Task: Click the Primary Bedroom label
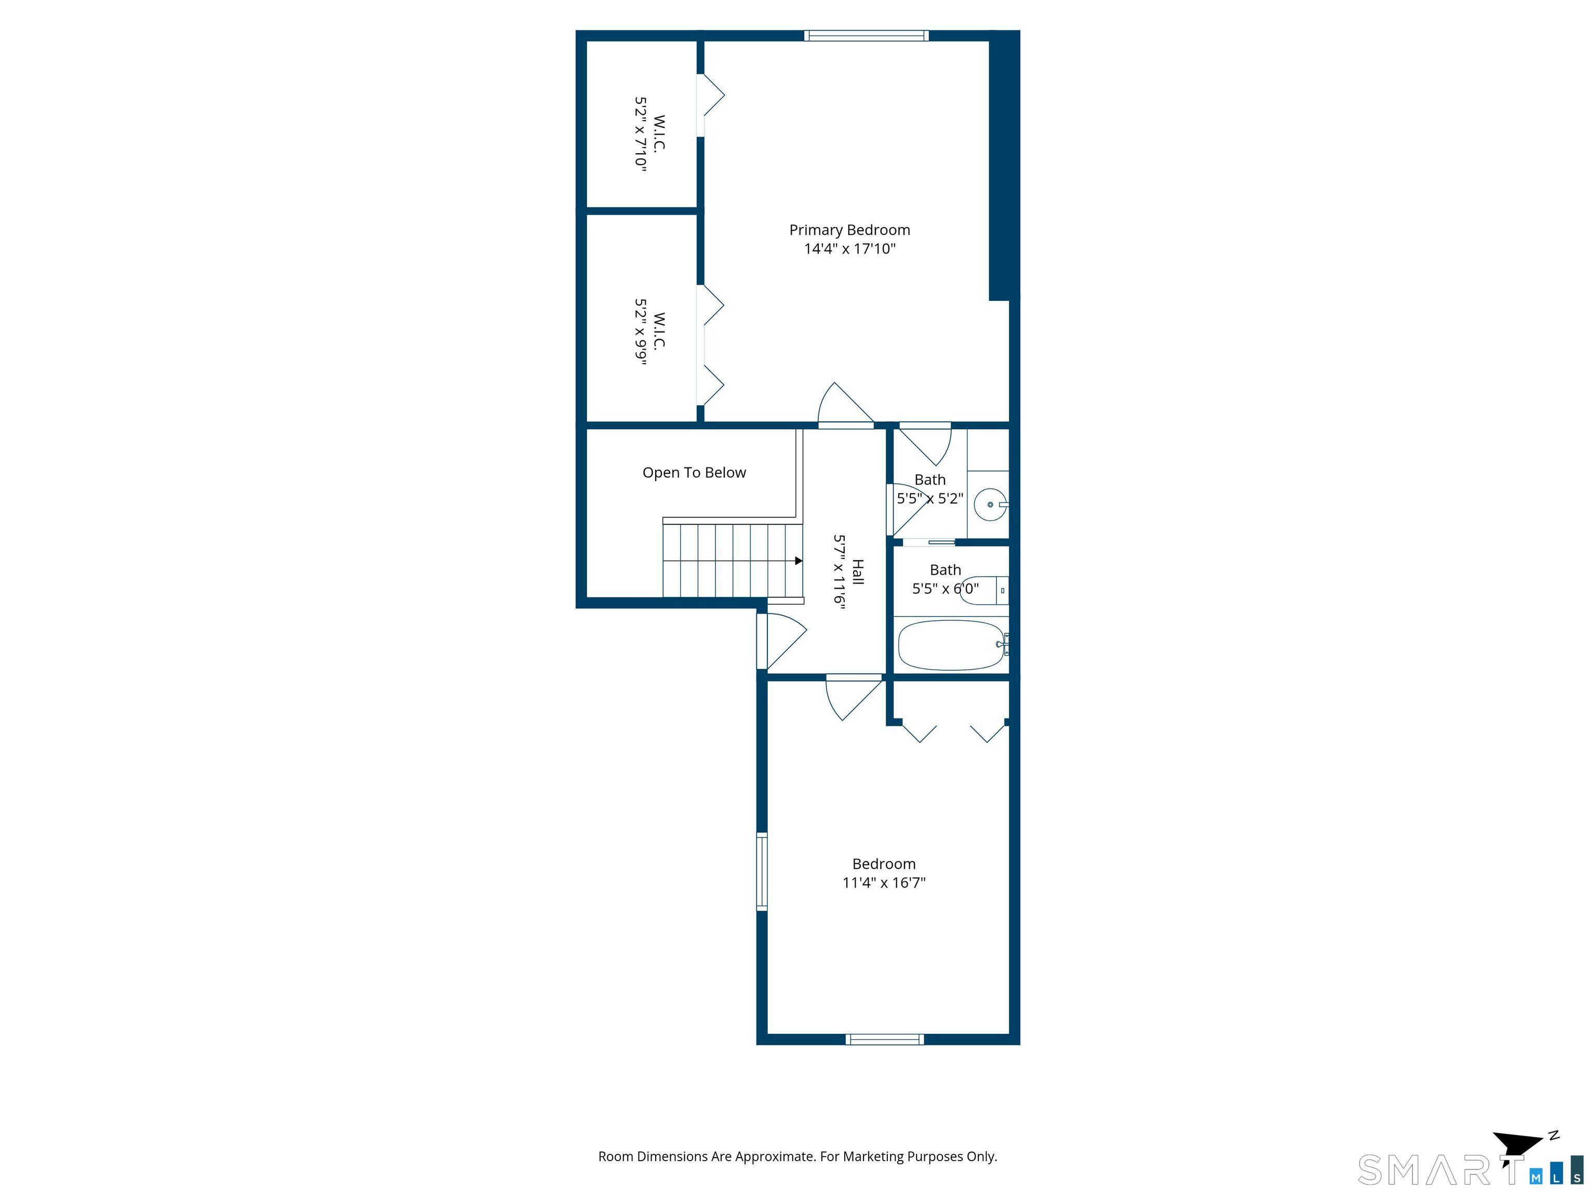click(849, 230)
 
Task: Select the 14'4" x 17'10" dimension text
click(849, 249)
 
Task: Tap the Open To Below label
click(694, 473)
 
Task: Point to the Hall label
click(858, 571)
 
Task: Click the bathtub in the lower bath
click(951, 645)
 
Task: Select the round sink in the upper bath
click(989, 504)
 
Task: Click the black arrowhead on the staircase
click(799, 561)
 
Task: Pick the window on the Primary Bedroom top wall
click(866, 35)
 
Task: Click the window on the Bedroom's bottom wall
click(885, 1039)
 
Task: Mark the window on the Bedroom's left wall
click(761, 872)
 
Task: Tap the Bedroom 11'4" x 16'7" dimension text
click(884, 882)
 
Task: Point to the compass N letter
click(1554, 1135)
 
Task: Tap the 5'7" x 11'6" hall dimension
click(839, 571)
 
